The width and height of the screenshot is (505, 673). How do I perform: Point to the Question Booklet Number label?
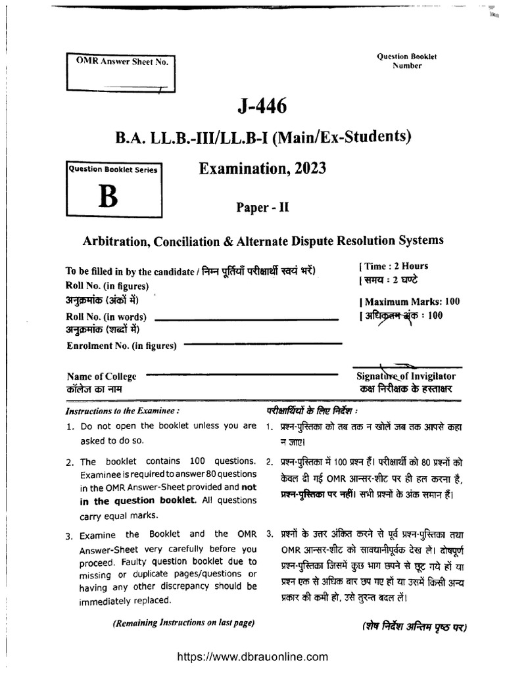point(407,61)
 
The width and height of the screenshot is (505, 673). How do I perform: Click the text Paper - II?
point(262,208)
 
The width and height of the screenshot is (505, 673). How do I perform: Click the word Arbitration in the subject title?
point(116,241)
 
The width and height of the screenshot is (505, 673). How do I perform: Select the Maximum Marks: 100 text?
point(409,302)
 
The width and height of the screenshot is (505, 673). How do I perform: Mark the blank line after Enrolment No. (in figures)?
point(263,344)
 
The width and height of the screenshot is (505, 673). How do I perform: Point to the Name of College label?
point(102,377)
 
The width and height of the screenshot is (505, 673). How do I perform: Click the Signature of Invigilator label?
point(404,376)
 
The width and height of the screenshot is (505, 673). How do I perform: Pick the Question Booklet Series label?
point(112,170)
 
